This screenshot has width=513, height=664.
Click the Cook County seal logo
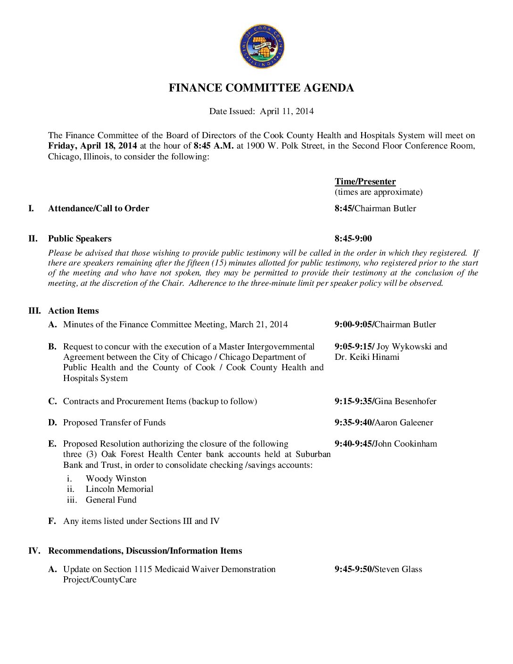coord(262,47)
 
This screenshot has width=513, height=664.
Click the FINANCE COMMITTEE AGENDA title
coord(261,88)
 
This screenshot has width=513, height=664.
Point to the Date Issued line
coord(261,111)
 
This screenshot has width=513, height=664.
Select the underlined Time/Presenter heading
coord(365,182)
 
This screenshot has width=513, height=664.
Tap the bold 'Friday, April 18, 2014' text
coord(92,146)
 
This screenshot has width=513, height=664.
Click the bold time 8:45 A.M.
coord(213,146)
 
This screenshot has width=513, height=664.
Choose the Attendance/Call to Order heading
coord(99,208)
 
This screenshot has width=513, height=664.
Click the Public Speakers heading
coord(80,239)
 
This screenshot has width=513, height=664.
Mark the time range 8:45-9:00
coord(353,239)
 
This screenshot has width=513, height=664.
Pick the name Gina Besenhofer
coord(405,401)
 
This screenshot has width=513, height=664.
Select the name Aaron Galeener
coord(404,423)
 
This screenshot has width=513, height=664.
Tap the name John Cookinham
coord(405,444)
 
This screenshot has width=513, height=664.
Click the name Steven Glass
coord(398,569)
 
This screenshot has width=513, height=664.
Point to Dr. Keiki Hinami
coord(367,357)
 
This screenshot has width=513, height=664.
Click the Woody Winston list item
coord(116,479)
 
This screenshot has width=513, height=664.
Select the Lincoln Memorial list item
coord(119,489)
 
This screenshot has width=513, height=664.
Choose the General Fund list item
coord(111,500)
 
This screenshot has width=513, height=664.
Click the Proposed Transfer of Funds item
coord(114,423)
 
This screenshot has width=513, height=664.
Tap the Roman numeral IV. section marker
coord(34,551)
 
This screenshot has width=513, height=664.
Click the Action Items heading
coord(74,311)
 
